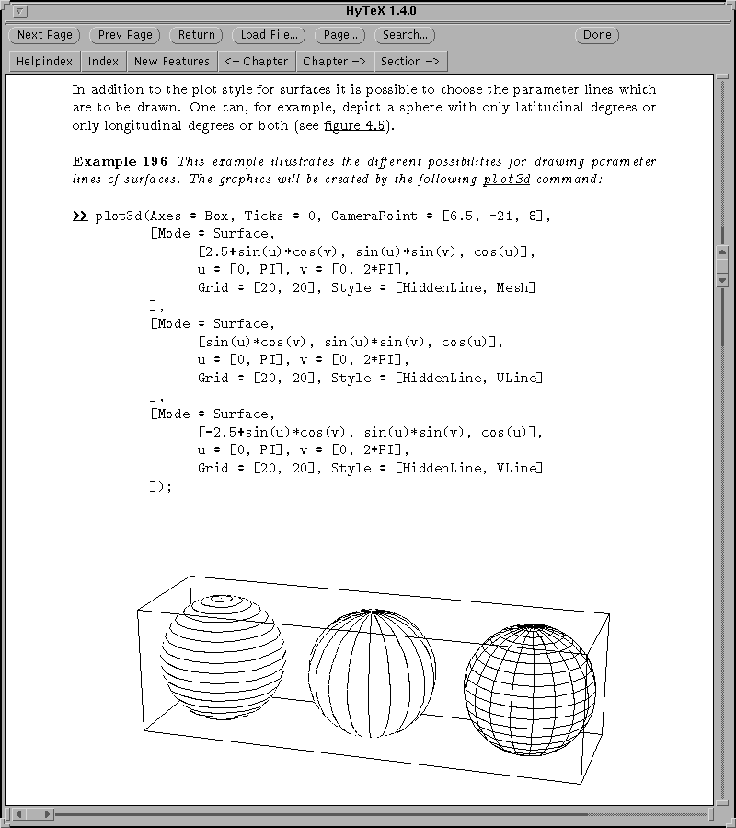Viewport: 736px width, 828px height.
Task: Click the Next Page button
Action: [x=44, y=35]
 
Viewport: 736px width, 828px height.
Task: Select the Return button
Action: [x=196, y=35]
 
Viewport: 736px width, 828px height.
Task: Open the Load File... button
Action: [x=269, y=35]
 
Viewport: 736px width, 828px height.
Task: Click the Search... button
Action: [x=405, y=35]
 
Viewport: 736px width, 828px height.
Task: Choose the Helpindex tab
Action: [x=44, y=62]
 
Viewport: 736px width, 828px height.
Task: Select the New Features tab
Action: [x=171, y=62]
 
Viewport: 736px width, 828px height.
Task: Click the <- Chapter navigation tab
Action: [x=257, y=62]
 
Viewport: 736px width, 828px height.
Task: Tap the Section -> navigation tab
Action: [x=409, y=62]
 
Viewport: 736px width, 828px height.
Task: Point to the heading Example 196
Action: [x=120, y=161]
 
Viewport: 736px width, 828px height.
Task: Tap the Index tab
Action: [x=104, y=62]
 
